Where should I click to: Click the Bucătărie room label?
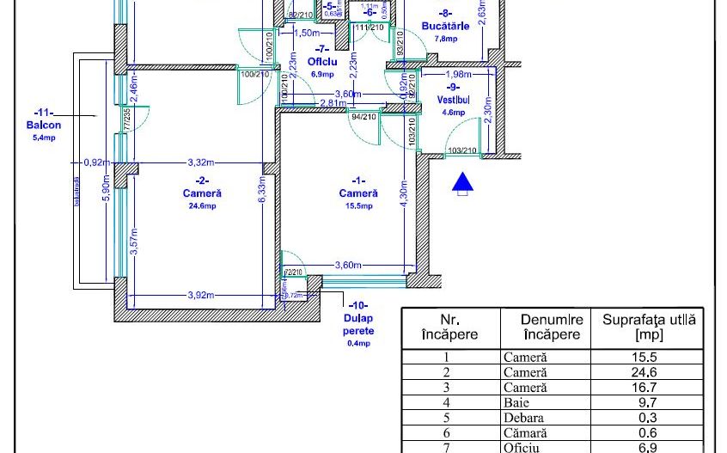[x=445, y=26]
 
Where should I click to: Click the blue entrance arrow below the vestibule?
[x=463, y=182]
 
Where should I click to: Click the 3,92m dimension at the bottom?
[x=200, y=295]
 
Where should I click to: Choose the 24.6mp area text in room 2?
[x=200, y=206]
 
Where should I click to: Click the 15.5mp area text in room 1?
[x=359, y=206]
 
